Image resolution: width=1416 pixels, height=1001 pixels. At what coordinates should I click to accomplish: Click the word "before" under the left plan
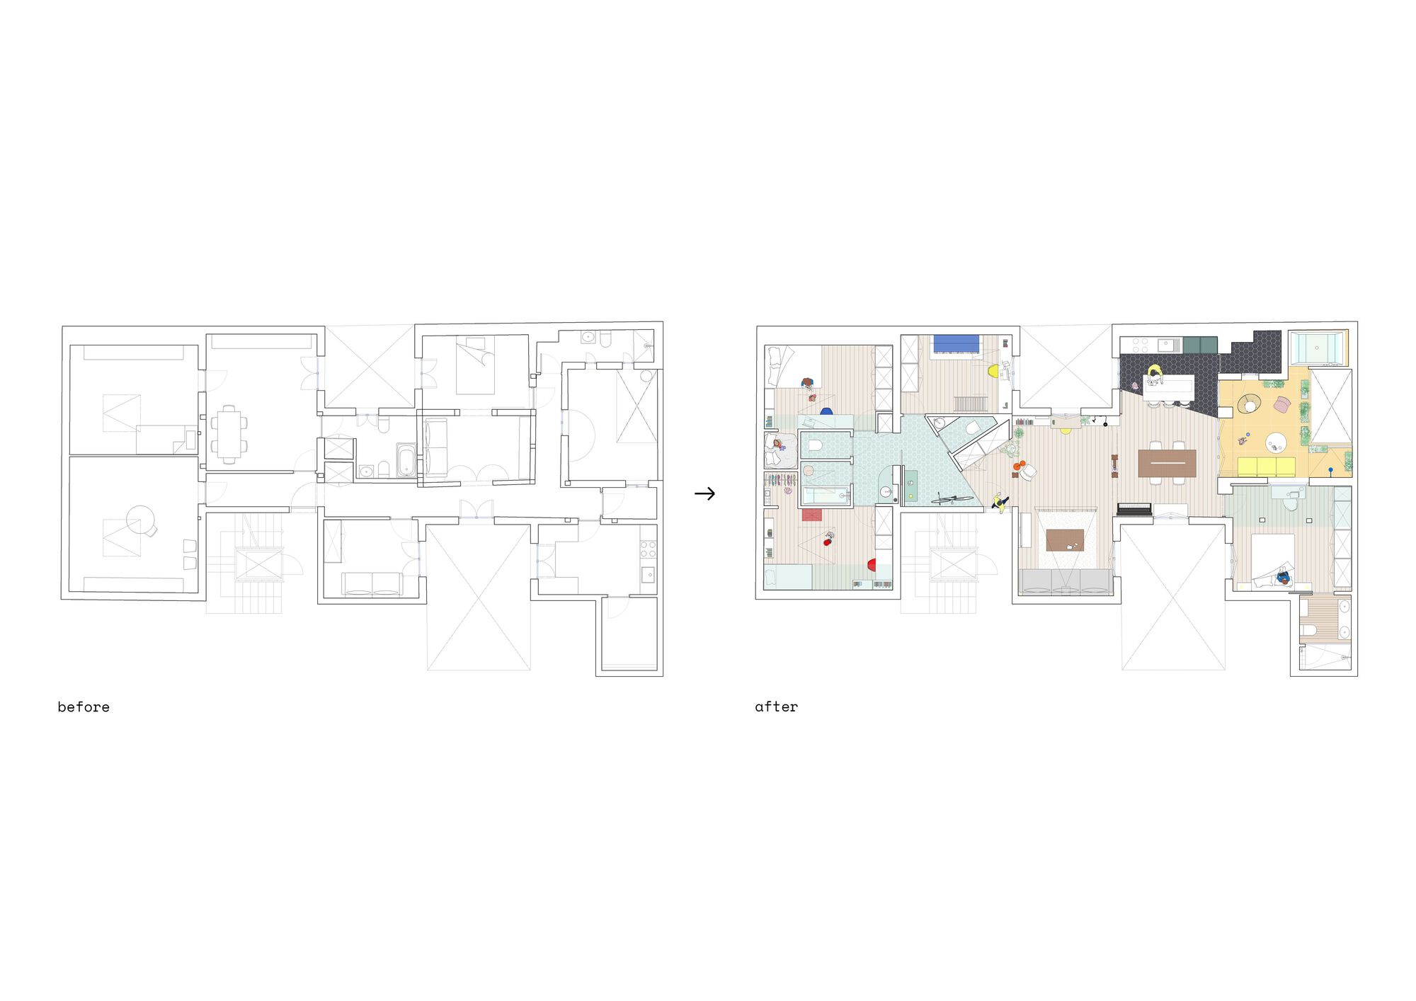(84, 707)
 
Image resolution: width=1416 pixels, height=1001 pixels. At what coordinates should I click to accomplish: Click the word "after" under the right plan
(776, 707)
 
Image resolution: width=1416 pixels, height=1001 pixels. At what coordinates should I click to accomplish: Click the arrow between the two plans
(704, 493)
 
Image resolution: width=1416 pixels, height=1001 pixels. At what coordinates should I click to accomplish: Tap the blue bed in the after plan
(957, 343)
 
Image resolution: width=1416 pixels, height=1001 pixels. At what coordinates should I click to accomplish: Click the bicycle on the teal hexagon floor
(952, 500)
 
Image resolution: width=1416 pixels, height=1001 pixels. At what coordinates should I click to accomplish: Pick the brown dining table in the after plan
(1167, 463)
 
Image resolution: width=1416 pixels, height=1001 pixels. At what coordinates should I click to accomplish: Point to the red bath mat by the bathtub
(811, 515)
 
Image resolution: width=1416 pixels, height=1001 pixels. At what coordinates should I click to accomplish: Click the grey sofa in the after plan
(1066, 581)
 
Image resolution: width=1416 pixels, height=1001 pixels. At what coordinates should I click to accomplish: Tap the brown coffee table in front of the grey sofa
(1065, 540)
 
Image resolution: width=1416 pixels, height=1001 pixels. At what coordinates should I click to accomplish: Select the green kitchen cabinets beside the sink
(1200, 345)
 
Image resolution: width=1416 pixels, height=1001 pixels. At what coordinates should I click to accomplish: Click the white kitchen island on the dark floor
(1169, 387)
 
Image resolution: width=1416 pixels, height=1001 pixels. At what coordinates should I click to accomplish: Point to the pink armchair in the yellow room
(1281, 405)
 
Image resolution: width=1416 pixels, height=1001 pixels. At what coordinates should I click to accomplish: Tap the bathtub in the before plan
(406, 460)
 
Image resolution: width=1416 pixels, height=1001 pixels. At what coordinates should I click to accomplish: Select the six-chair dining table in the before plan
(229, 434)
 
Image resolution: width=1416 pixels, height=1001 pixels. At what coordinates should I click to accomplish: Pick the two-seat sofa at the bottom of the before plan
(372, 583)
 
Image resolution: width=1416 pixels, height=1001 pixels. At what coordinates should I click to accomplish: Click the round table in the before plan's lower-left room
(140, 520)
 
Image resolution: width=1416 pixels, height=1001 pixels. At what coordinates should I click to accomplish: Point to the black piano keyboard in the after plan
(1134, 508)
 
